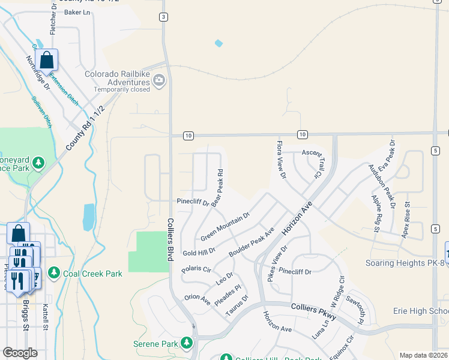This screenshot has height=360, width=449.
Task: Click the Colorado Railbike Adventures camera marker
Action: (158, 80)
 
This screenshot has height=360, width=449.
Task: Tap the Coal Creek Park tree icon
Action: (54, 274)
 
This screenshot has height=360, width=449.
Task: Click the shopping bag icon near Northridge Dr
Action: (46, 60)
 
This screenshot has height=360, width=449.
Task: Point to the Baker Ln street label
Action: (76, 12)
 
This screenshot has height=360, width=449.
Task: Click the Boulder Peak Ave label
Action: (252, 243)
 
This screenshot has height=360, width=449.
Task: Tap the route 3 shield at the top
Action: (163, 17)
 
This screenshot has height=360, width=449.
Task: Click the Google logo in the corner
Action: (20, 353)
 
